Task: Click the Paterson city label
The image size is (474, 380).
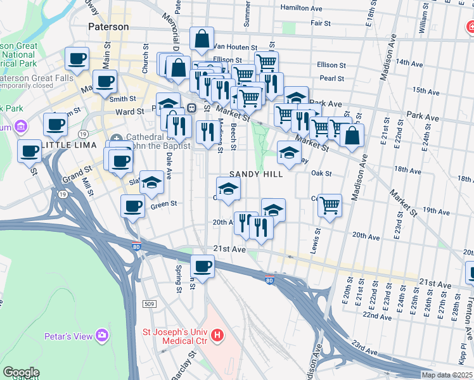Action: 108,27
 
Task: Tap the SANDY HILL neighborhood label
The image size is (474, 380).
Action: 256,174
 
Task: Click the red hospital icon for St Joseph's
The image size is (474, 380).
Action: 217,334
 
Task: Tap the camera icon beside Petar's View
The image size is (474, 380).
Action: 102,336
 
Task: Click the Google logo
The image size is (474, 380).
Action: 21,372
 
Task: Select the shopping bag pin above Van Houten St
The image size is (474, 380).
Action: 202,39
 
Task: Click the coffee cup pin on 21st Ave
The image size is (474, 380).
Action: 202,266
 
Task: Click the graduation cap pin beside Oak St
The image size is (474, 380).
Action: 289,152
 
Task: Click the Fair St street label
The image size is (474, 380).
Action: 320,23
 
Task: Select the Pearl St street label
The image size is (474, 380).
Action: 332,79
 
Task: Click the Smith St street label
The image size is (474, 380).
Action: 123,99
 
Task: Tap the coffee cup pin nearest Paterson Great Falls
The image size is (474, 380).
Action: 77,59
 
